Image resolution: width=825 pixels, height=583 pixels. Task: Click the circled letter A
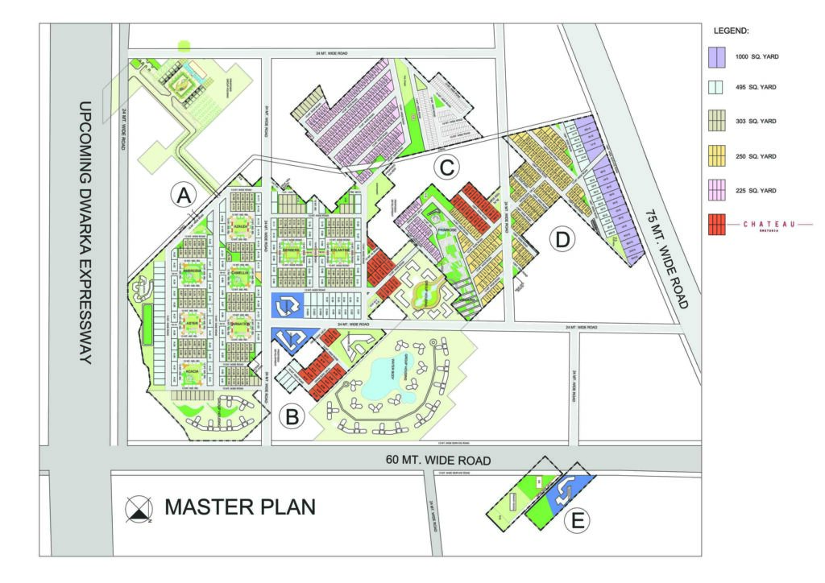(x=184, y=195)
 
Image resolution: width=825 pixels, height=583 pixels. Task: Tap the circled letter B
(x=292, y=416)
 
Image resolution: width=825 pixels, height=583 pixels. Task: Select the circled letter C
(x=446, y=168)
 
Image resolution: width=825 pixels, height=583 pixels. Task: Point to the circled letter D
(x=562, y=239)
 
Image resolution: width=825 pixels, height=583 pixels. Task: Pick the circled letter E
(x=577, y=521)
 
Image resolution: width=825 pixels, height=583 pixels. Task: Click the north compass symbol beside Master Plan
(x=140, y=508)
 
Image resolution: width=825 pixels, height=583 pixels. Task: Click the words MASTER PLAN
(x=240, y=507)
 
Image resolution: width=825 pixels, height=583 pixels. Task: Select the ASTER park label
(x=192, y=323)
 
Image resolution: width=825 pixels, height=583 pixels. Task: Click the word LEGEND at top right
(x=732, y=31)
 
